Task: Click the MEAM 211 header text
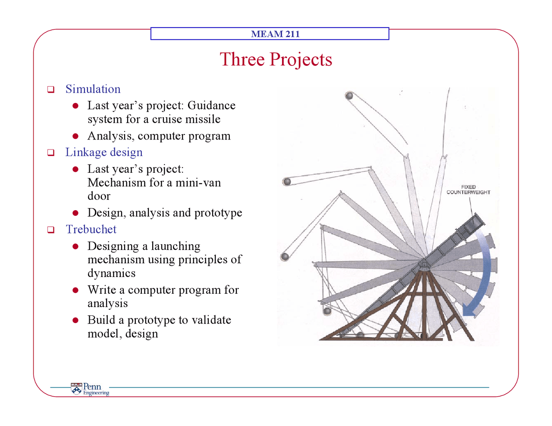276,34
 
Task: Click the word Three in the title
242,59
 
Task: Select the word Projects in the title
301,60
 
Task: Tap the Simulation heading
93,89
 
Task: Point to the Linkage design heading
104,152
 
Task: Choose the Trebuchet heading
91,229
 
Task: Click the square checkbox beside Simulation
51,89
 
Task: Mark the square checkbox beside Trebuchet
51,230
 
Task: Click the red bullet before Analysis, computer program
75,136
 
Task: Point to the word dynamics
112,273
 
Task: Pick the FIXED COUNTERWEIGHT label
468,190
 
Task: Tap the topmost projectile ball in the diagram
349,96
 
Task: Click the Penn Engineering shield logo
76,389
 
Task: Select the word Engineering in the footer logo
96,393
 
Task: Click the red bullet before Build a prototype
75,320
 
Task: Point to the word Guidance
211,105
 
